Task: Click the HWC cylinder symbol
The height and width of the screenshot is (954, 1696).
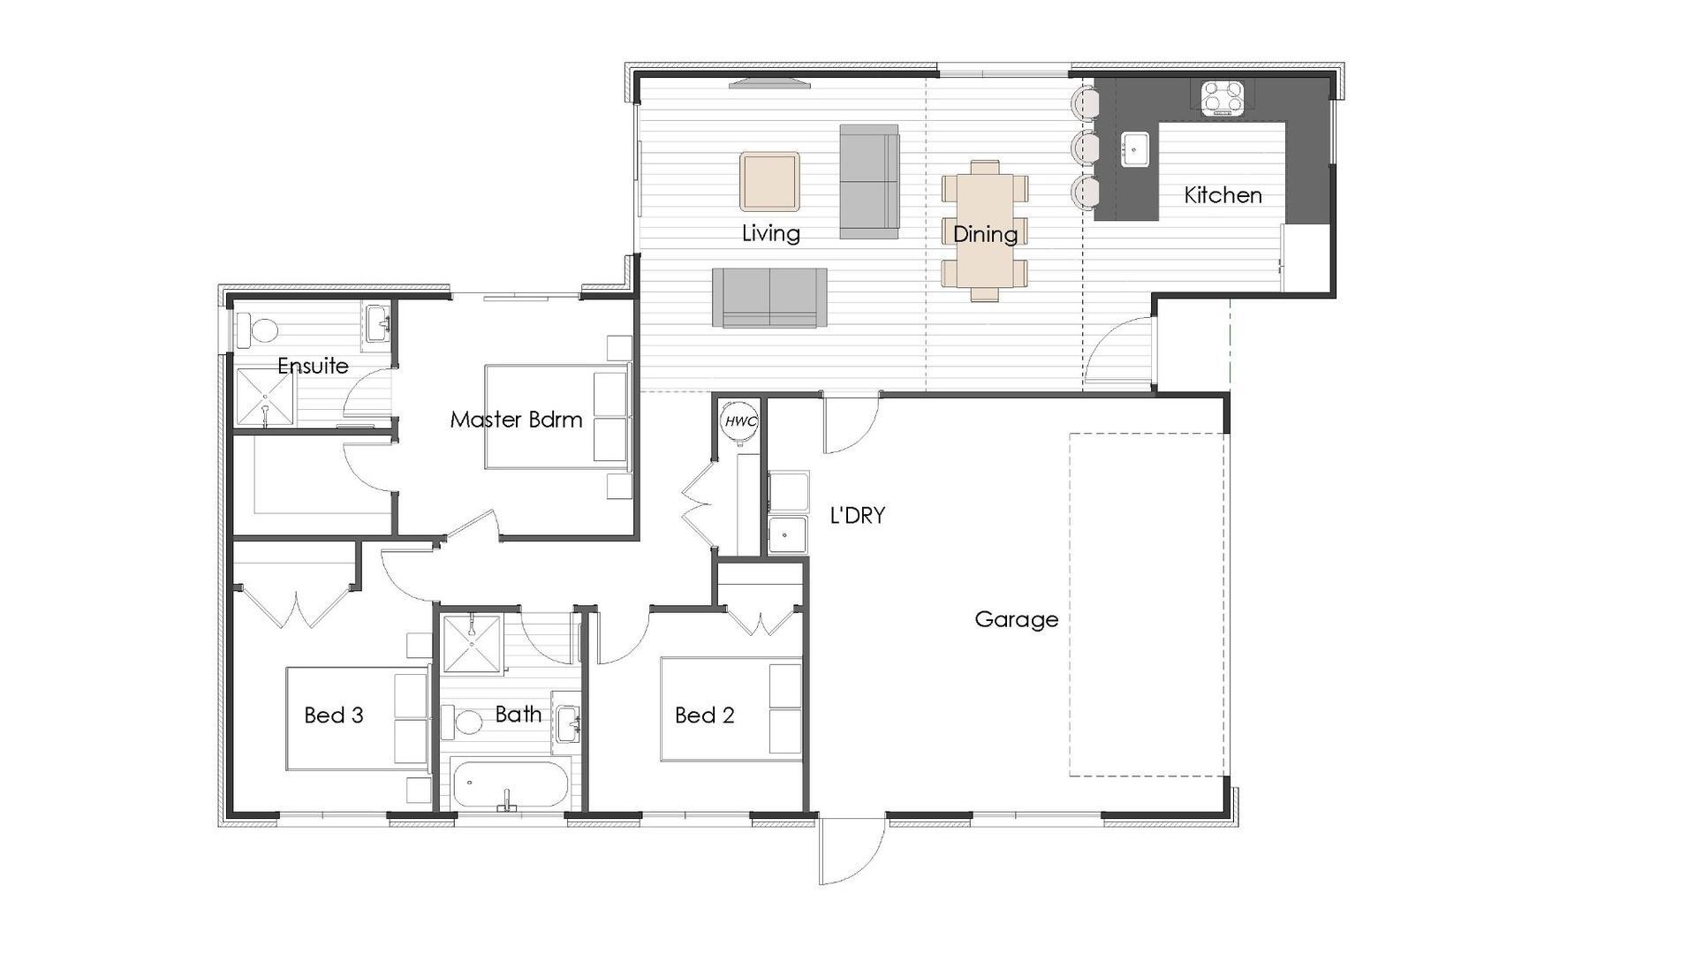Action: click(739, 421)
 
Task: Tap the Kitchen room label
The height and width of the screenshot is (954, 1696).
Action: click(1223, 195)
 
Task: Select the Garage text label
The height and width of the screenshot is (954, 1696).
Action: click(1016, 619)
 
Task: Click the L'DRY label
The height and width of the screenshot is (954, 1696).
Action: click(857, 516)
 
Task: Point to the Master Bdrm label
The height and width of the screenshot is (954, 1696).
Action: click(516, 420)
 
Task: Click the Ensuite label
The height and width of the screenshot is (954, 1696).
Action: click(313, 366)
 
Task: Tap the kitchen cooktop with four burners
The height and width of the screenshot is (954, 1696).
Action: click(1222, 98)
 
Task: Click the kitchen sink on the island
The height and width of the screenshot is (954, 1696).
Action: click(1134, 149)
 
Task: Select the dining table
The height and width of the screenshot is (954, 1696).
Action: click(984, 230)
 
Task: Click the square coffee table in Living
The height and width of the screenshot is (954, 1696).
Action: click(769, 181)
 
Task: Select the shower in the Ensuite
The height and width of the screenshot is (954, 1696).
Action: click(265, 397)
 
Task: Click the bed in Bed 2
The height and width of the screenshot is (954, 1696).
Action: click(731, 708)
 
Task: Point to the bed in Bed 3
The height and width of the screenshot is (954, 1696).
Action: click(357, 718)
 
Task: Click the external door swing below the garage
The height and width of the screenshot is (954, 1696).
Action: click(850, 850)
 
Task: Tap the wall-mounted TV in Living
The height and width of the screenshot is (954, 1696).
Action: click(769, 85)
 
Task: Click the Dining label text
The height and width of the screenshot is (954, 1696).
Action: click(985, 234)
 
